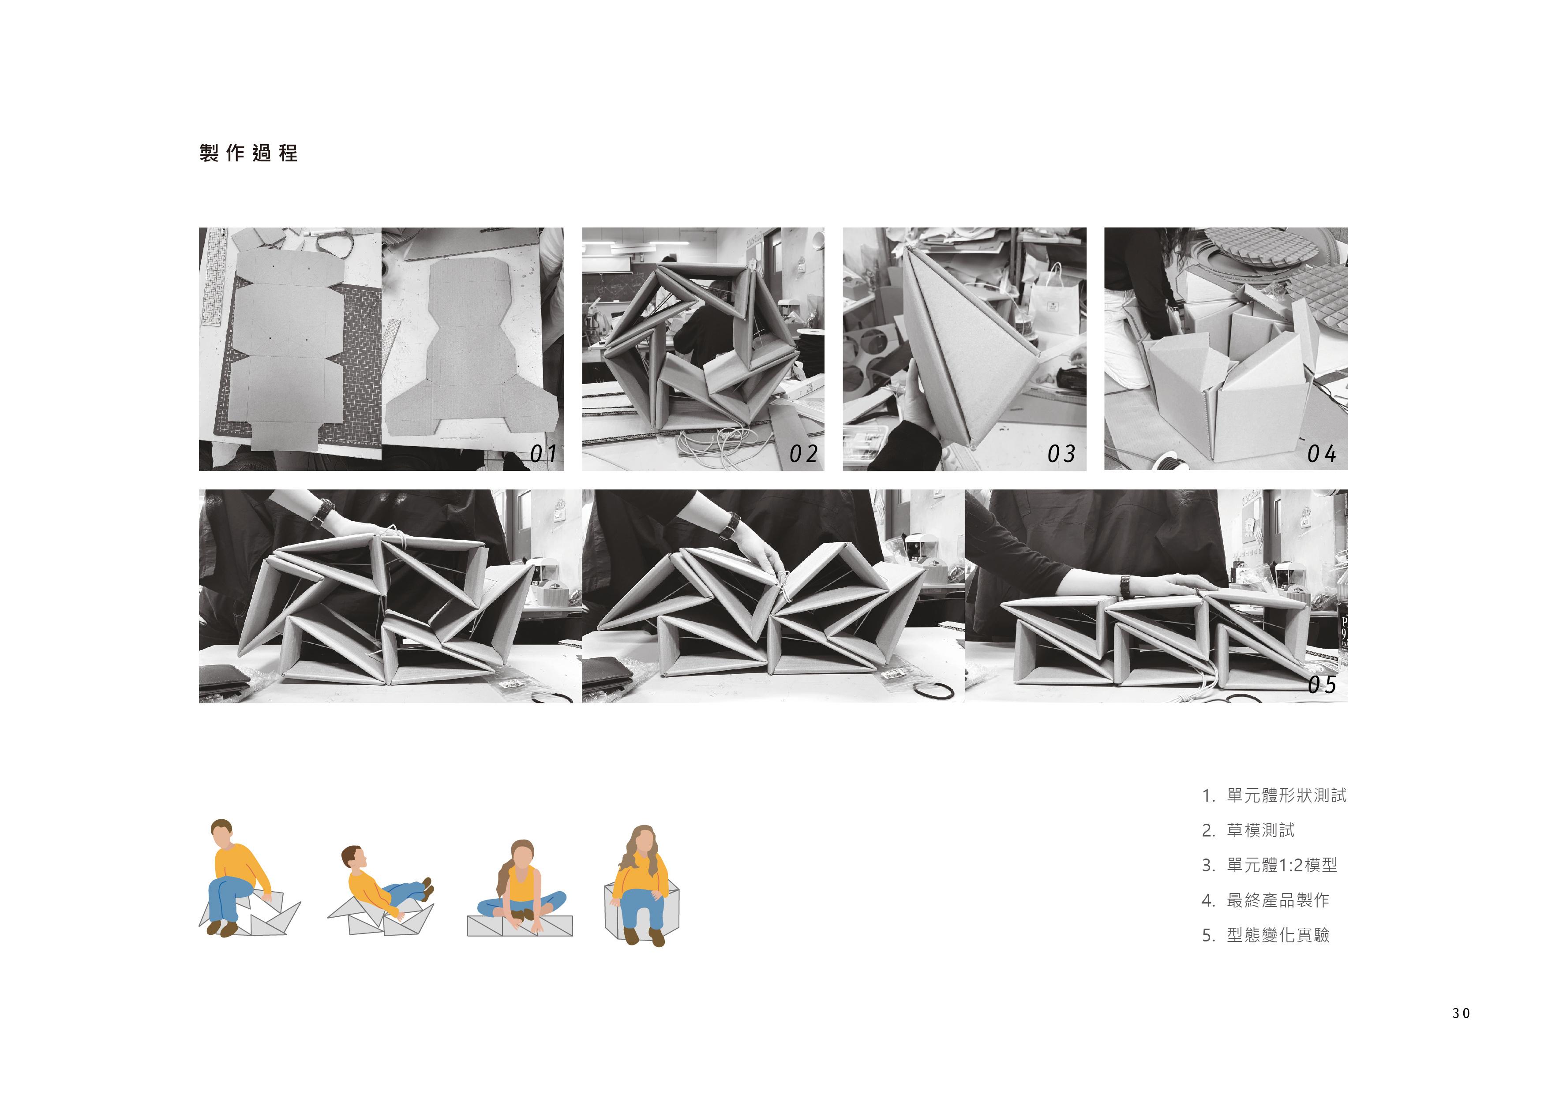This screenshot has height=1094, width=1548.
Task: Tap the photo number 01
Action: point(543,454)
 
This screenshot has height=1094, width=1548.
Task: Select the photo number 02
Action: point(804,454)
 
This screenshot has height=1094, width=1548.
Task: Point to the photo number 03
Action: point(1061,454)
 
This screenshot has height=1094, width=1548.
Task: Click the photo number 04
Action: point(1321,454)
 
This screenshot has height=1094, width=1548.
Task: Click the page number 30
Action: point(1461,1013)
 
